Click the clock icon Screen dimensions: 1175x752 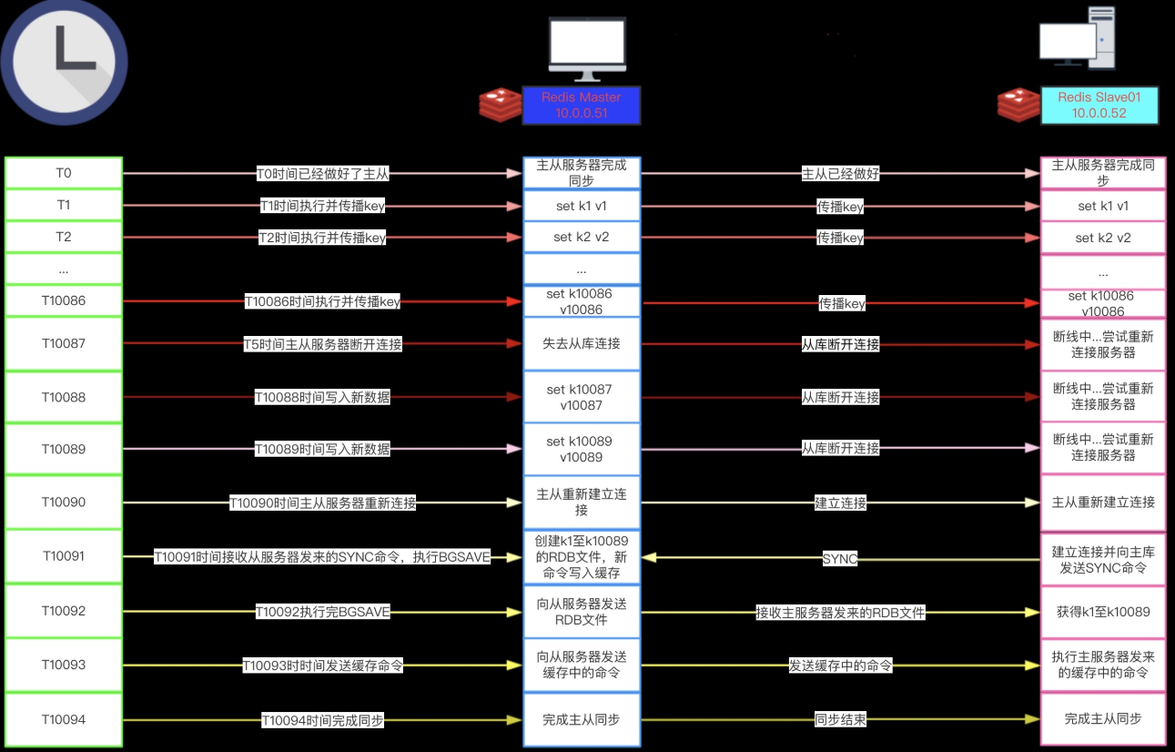64,62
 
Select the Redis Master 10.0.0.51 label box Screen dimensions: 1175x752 582,106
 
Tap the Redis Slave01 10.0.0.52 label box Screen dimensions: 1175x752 1099,106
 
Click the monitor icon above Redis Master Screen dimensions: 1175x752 588,49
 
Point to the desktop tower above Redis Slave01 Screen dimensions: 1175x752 1101,38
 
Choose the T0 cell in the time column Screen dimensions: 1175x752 64,173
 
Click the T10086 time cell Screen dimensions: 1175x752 64,300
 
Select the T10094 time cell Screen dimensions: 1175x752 64,719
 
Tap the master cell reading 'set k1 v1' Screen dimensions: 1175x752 582,206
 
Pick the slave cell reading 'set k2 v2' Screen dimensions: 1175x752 1103,238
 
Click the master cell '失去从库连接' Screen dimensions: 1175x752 582,344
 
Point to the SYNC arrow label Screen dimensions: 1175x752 840,559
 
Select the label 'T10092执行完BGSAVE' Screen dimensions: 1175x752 322,612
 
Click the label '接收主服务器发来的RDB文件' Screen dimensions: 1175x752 840,613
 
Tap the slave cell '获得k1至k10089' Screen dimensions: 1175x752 1103,612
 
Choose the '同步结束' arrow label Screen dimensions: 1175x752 840,719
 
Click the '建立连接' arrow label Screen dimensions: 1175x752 840,503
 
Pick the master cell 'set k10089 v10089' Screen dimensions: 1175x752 582,449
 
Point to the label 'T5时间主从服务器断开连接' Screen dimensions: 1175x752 322,344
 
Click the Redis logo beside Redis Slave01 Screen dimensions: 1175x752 1018,105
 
